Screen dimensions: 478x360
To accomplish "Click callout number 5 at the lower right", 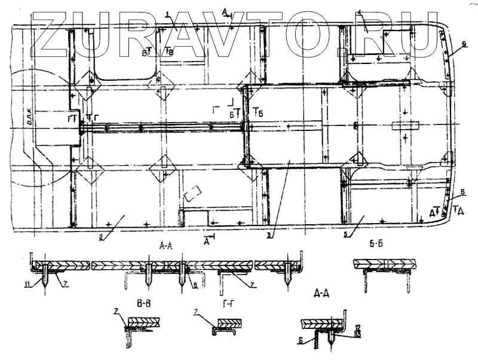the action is (x=347, y=235).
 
